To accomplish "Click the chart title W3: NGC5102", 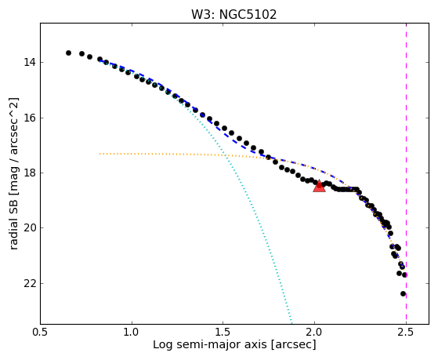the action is (x=233, y=14).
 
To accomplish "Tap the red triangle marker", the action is (x=319, y=187).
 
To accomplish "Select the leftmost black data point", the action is (x=68, y=53).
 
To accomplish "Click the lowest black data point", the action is (x=403, y=293).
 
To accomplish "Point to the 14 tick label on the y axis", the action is (x=29, y=63).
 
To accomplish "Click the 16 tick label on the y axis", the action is (x=29, y=118).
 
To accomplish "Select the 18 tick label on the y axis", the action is (x=29, y=173).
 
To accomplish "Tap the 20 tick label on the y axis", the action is (x=29, y=228).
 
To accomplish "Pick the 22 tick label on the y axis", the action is (x=29, y=284).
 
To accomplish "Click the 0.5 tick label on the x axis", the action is (x=41, y=333).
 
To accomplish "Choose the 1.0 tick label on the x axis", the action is (x=132, y=333).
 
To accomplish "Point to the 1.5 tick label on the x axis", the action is (x=223, y=333).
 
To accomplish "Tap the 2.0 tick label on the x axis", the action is (x=314, y=333).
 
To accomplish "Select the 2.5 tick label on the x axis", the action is (x=406, y=333).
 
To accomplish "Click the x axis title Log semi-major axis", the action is (x=210, y=344).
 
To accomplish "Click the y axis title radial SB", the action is (x=13, y=224).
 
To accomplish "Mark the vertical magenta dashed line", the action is (x=406, y=173).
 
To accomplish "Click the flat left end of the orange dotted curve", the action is (x=100, y=154).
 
